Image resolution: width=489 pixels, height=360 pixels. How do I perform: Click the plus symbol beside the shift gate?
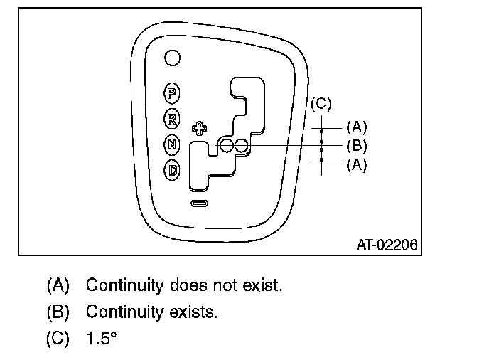pos(200,129)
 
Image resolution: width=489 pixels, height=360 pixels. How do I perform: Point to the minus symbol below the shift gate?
pos(200,204)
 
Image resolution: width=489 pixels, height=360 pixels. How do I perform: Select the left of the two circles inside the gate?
pos(226,147)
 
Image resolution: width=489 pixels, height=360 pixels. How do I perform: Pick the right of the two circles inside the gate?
pos(242,147)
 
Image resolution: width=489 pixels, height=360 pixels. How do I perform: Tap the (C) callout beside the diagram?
pos(321,104)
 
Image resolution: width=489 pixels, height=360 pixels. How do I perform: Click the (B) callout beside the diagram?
pos(356,147)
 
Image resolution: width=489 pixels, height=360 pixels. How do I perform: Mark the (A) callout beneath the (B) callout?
pos(356,164)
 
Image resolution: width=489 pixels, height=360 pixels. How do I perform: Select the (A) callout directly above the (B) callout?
pos(356,127)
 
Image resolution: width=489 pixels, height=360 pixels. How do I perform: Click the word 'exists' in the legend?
pos(193,312)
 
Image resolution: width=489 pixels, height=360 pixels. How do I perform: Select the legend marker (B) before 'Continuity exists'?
pos(58,312)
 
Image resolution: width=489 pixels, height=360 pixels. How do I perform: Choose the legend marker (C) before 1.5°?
pos(58,339)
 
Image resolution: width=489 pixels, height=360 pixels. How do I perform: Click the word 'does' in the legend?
pos(191,285)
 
